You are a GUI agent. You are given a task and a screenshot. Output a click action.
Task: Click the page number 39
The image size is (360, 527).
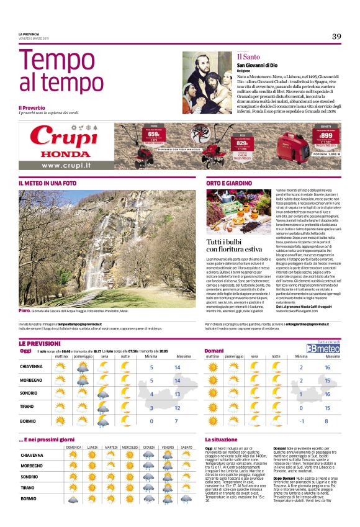(336, 37)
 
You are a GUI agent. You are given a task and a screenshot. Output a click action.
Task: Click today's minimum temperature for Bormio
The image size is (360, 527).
(151, 421)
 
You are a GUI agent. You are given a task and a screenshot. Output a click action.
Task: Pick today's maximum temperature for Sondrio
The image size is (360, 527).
(178, 394)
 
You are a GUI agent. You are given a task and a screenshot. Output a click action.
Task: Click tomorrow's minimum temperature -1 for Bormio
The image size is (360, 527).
(300, 421)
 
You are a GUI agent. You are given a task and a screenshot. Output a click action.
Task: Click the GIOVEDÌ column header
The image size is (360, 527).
(149, 447)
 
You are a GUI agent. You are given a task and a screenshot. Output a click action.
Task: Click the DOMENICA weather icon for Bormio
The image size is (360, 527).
(74, 498)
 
